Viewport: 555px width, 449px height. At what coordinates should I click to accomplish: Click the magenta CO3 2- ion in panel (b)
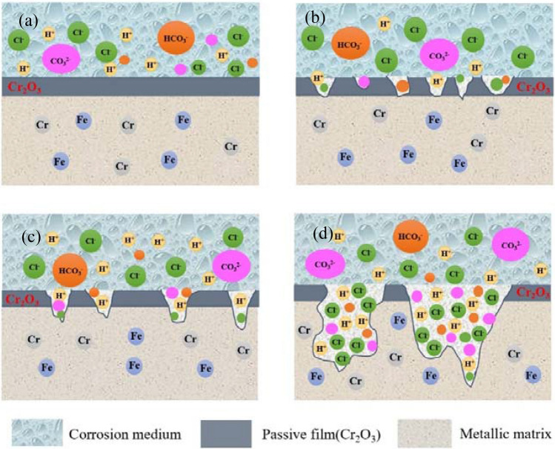tap(439, 54)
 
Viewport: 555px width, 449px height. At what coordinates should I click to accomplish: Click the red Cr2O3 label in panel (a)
tap(24, 87)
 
